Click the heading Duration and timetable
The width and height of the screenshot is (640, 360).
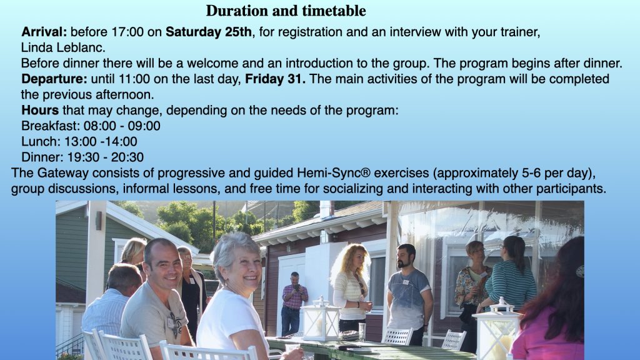[x=286, y=11]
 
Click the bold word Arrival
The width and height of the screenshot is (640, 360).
[x=44, y=32]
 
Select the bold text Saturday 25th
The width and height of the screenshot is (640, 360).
[x=209, y=32]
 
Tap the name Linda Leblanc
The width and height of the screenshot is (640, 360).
[x=63, y=47]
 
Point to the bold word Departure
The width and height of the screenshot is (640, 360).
[x=54, y=79]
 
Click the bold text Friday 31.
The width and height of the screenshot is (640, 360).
[x=275, y=79]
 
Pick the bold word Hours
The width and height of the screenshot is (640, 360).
[x=40, y=110]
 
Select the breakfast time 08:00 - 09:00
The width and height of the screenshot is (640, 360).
[x=122, y=126]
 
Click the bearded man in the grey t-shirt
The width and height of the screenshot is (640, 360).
[x=409, y=293]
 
